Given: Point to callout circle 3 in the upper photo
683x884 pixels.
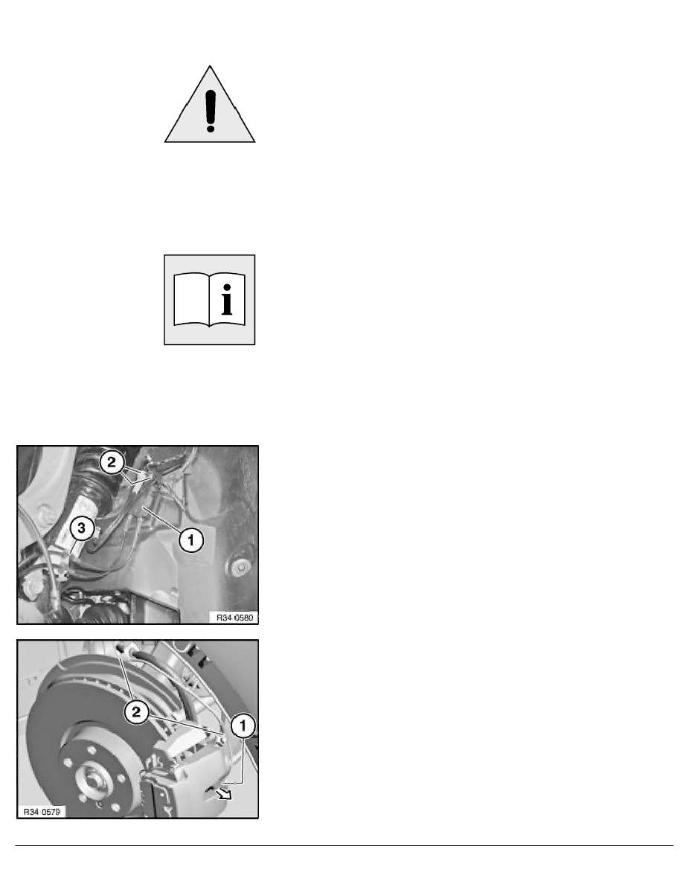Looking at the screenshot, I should tap(82, 528).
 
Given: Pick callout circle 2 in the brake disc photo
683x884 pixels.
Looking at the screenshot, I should tap(136, 712).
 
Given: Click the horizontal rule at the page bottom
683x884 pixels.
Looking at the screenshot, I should tap(341, 845).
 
